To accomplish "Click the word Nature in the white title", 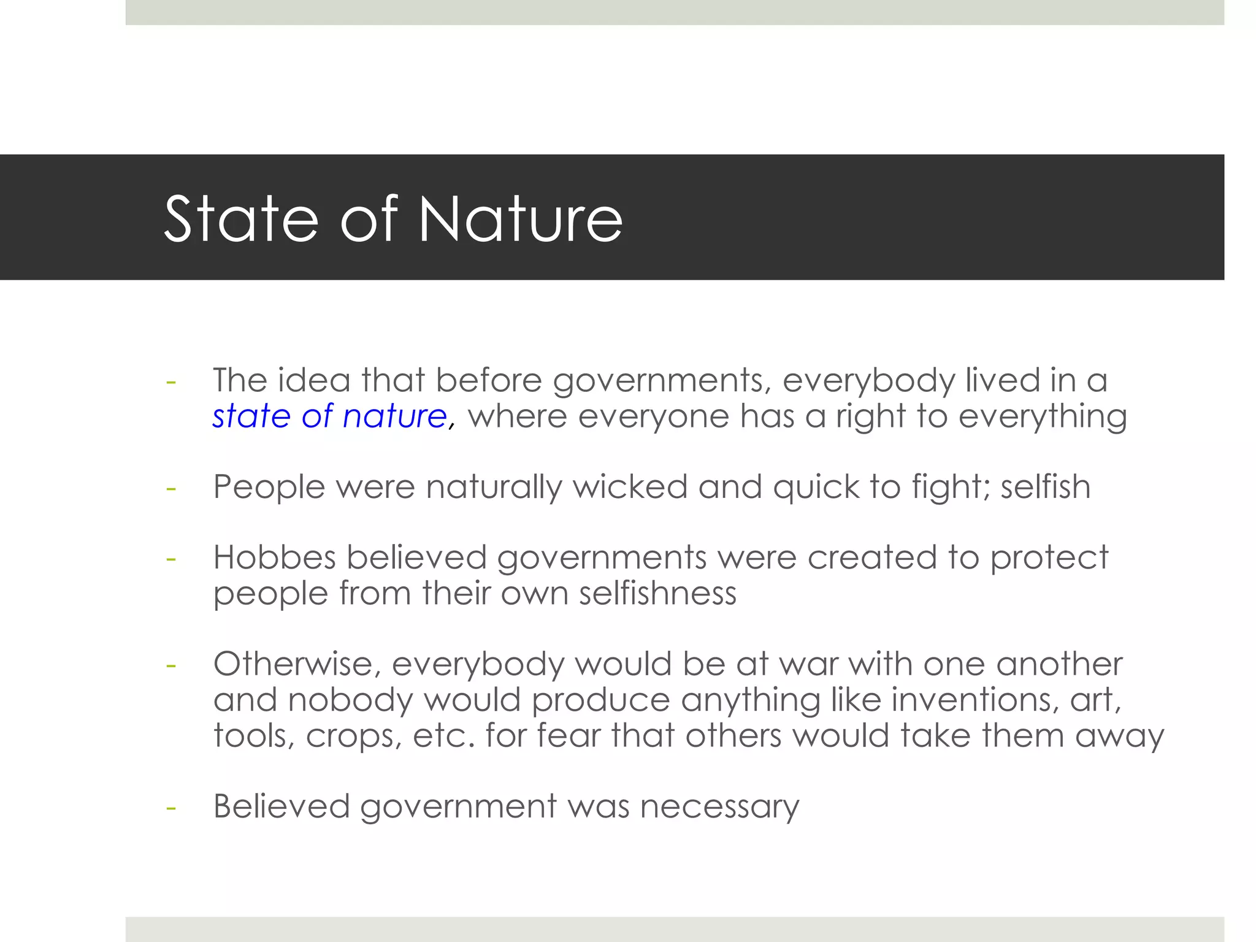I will click(x=520, y=219).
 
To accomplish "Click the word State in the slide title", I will click(x=242, y=219).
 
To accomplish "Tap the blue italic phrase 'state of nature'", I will click(x=330, y=416).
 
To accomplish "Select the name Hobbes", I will click(x=274, y=557).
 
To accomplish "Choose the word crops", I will click(x=354, y=735).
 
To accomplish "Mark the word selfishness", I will click(x=657, y=593).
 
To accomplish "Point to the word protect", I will click(x=1049, y=557).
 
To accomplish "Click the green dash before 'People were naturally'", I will click(x=171, y=489).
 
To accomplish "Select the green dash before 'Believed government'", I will click(x=171, y=808).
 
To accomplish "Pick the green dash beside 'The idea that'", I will click(x=171, y=382).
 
